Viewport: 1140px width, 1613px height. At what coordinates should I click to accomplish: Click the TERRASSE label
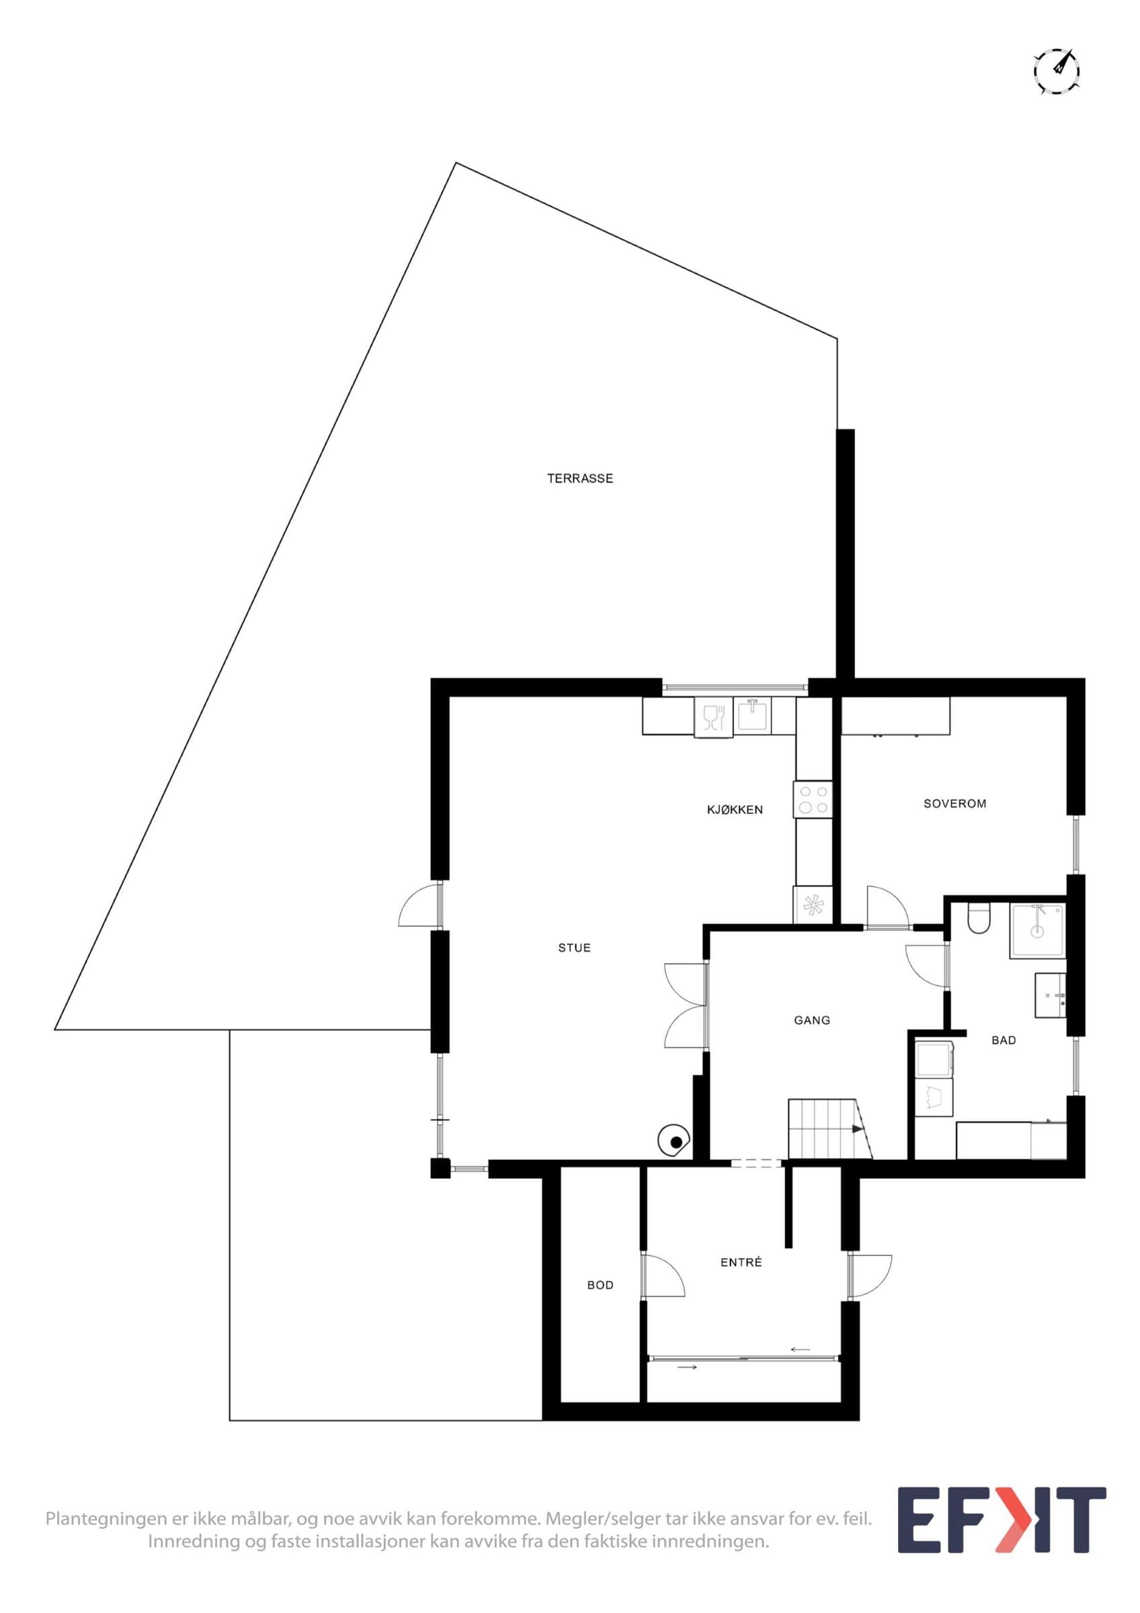pyautogui.click(x=580, y=479)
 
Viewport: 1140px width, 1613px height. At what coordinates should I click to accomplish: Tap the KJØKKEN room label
pyautogui.click(x=735, y=809)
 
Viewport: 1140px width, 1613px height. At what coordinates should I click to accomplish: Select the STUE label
pyautogui.click(x=575, y=948)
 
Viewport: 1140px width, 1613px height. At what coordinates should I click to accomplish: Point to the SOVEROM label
pyautogui.click(x=954, y=804)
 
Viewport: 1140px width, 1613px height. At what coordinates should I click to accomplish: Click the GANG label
pyautogui.click(x=812, y=1020)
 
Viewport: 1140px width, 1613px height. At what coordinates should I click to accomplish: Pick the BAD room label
pyautogui.click(x=1004, y=1040)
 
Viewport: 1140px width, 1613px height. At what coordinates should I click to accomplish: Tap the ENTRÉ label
pyautogui.click(x=741, y=1262)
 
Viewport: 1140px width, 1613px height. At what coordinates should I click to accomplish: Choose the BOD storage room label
pyautogui.click(x=600, y=1285)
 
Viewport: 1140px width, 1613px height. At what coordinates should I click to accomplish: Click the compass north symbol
pyautogui.click(x=1057, y=71)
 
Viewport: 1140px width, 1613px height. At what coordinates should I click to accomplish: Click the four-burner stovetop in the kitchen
pyautogui.click(x=813, y=800)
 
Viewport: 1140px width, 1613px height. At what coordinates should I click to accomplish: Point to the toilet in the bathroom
pyautogui.click(x=979, y=919)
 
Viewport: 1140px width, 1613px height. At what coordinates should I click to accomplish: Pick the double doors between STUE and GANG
pyautogui.click(x=686, y=1007)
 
